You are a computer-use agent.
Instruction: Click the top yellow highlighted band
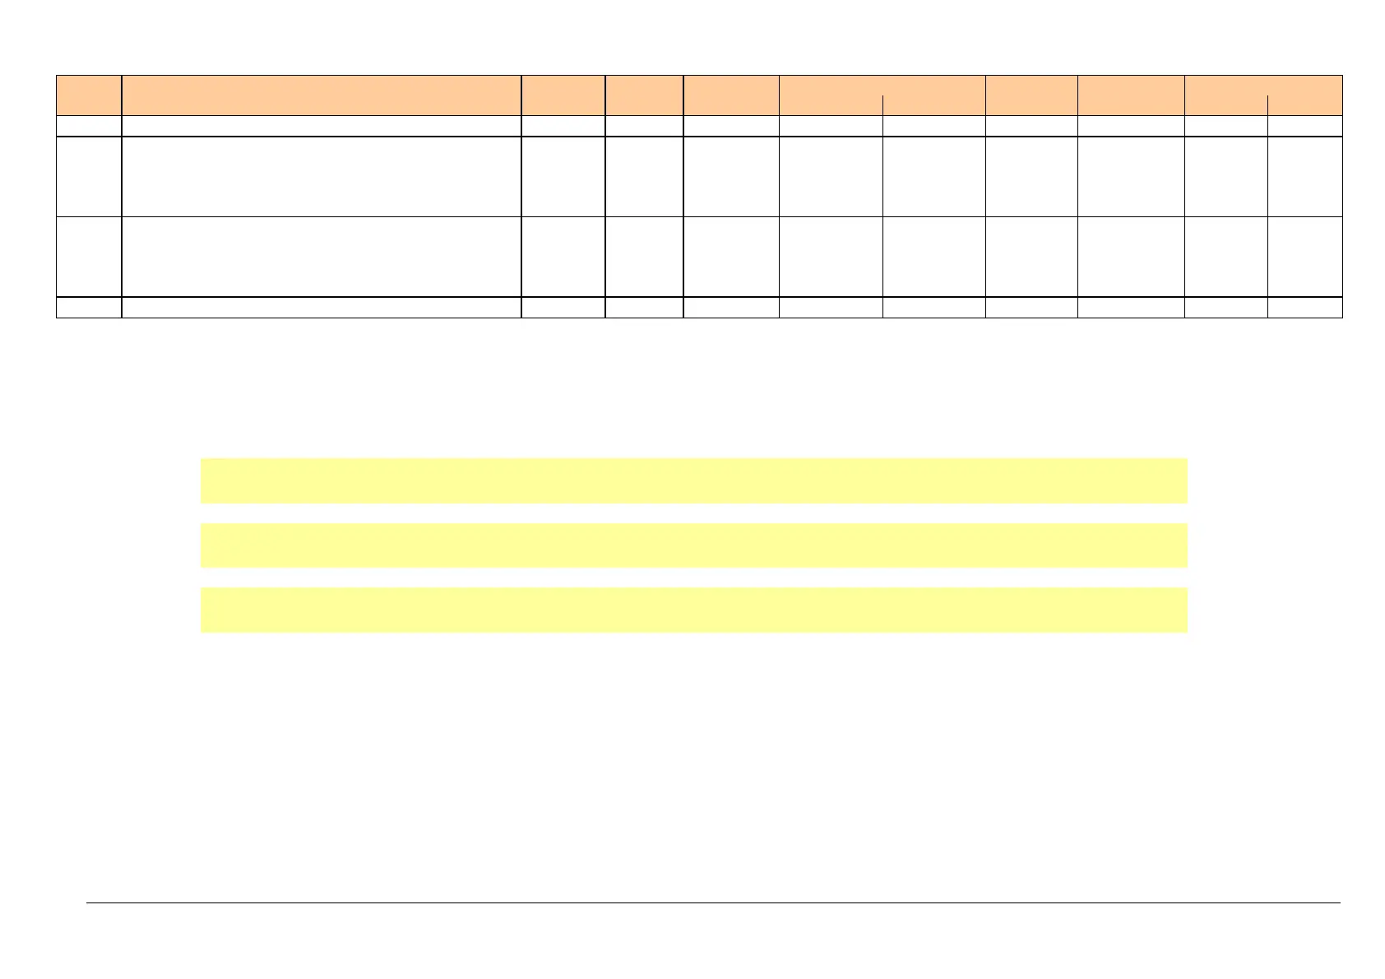coord(693,480)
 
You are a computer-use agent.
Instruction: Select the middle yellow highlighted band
coord(693,545)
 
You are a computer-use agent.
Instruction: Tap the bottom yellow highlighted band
coord(693,610)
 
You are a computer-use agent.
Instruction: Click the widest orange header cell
coord(321,95)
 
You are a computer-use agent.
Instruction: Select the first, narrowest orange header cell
coord(89,95)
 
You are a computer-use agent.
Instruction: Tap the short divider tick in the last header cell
coord(1267,105)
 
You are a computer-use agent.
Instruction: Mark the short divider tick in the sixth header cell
coord(882,105)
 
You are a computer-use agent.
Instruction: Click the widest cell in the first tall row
coord(321,176)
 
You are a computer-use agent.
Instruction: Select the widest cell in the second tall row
coord(321,257)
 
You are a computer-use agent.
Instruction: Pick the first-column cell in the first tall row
coord(89,176)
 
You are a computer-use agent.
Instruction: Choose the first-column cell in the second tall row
coord(89,257)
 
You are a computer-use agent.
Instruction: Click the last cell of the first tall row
coord(1305,176)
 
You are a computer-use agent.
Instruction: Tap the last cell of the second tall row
coord(1305,257)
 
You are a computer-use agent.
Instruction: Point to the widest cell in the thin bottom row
coord(321,308)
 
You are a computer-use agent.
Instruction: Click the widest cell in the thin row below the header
coord(321,126)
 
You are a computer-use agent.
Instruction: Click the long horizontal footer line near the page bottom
coord(713,903)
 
